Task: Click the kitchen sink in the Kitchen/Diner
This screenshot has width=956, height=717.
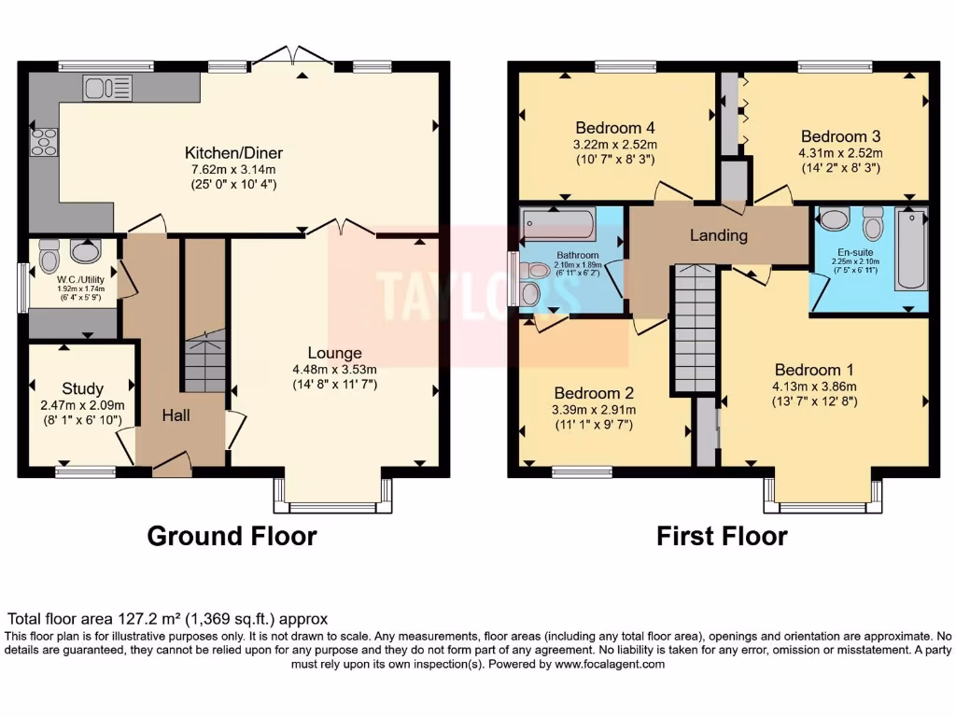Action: point(107,88)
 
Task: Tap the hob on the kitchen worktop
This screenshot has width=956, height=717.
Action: point(44,142)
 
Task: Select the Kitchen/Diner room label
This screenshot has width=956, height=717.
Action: point(233,153)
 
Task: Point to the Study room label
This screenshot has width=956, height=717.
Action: point(83,388)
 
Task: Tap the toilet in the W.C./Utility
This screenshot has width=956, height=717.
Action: point(49,256)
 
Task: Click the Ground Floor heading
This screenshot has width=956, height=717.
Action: point(232,536)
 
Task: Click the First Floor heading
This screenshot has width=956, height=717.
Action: point(721,536)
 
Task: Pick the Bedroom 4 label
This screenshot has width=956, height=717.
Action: point(615,128)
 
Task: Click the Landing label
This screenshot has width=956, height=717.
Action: point(718,235)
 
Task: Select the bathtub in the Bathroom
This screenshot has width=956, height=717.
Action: point(559,224)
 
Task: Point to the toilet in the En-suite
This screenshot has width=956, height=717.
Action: point(873,224)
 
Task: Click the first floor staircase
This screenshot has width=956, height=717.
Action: point(694,327)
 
